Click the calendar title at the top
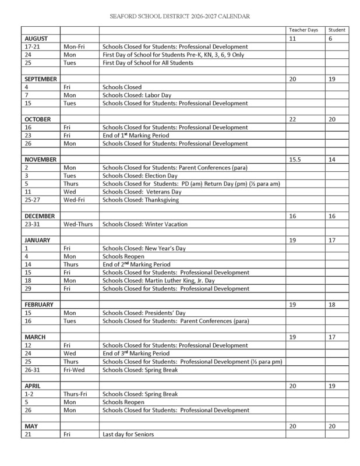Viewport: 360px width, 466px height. tap(179, 17)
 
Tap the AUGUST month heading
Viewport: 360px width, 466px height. tap(36, 38)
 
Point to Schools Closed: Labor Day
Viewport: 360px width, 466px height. tap(135, 94)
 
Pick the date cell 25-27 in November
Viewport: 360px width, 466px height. tap(33, 200)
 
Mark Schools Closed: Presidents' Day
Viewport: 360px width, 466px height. tap(140, 312)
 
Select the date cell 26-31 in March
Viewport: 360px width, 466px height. tap(33, 369)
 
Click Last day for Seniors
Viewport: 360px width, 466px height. tap(132, 434)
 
